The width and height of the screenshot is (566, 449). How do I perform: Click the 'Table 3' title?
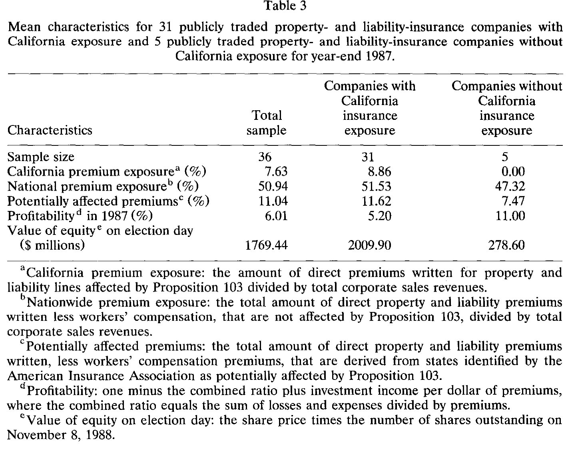[x=285, y=6]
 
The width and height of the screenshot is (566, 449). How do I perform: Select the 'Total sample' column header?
[x=267, y=123]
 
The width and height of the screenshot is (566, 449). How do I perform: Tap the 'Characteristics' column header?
[x=50, y=130]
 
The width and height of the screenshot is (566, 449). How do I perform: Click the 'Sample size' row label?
[x=41, y=157]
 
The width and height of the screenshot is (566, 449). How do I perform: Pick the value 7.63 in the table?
[x=276, y=172]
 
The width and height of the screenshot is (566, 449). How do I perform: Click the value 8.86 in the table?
[x=379, y=172]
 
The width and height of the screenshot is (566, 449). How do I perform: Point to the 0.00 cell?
[x=513, y=172]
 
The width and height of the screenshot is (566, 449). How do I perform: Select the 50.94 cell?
[x=273, y=187]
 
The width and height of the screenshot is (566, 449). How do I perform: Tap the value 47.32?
[x=510, y=187]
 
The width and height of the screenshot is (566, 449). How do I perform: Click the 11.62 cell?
[x=377, y=201]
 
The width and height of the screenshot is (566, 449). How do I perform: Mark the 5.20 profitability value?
[x=379, y=216]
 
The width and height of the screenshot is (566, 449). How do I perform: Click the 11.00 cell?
[x=510, y=216]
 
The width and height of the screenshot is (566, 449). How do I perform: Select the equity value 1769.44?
[x=267, y=245]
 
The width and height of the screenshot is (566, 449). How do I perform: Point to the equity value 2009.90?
[x=370, y=245]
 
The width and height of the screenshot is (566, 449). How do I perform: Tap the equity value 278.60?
[x=506, y=245]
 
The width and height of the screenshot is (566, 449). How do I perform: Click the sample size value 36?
[x=265, y=157]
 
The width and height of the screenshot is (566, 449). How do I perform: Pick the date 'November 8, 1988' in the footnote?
[x=61, y=435]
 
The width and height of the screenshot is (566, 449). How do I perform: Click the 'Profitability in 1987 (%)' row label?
[x=80, y=216]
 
